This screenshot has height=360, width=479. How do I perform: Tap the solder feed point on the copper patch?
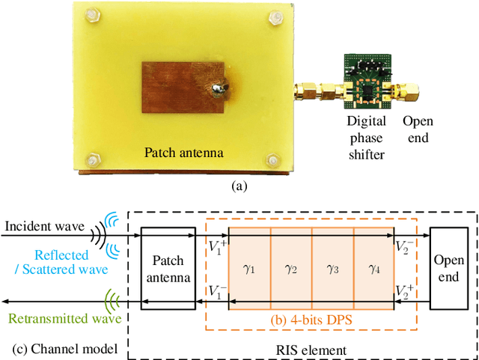(216, 91)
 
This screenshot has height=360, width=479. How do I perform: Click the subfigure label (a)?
(239, 187)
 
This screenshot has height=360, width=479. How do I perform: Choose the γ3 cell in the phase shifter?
(332, 269)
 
